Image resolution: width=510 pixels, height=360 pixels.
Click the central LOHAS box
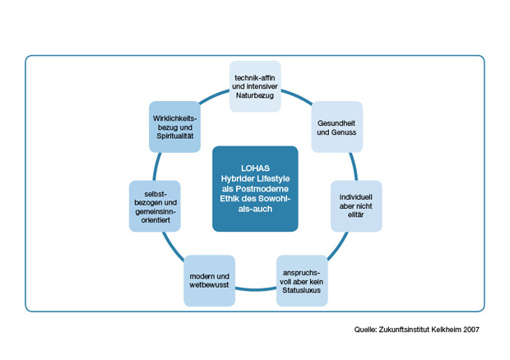pos(254,188)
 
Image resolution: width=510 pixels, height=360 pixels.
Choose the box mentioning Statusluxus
pos(301,280)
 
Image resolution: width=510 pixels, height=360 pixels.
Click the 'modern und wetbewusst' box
pos(208,280)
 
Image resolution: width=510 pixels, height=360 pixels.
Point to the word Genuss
pos(345,132)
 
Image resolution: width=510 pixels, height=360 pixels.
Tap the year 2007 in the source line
pos(468,330)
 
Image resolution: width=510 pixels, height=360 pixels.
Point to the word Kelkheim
pos(441,330)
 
